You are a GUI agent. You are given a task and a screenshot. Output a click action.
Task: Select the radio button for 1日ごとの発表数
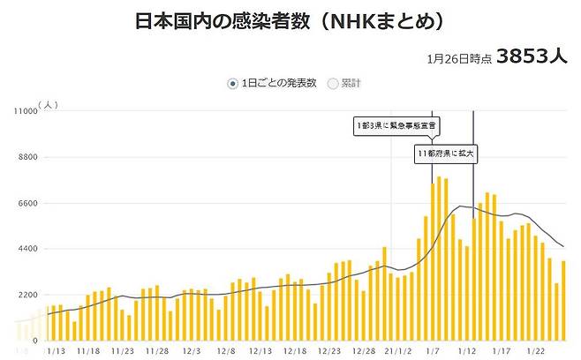(x=233, y=84)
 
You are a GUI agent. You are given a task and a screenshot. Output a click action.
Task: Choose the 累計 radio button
(x=333, y=84)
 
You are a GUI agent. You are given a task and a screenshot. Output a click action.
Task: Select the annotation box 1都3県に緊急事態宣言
(x=394, y=126)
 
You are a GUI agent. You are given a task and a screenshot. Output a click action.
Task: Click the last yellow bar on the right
(x=562, y=301)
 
